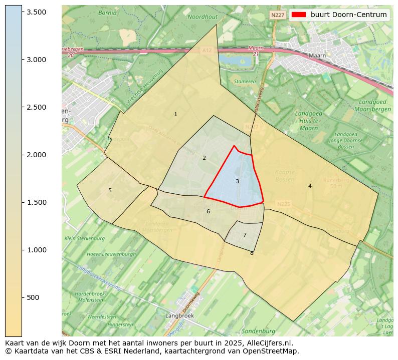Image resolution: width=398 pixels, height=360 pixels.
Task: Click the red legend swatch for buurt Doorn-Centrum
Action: pos(299,15)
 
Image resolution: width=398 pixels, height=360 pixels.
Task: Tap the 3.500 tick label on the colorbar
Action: pos(36,12)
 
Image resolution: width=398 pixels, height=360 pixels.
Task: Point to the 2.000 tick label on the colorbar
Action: pos(36,155)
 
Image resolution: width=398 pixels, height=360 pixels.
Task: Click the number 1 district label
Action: pos(175,115)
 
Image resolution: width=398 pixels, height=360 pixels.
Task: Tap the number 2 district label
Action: pos(204,158)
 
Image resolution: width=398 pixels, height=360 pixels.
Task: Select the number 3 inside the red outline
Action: pos(237,181)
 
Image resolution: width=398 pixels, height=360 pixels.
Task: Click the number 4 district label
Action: pos(310,186)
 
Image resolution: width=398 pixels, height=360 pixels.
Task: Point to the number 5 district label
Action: pos(110,190)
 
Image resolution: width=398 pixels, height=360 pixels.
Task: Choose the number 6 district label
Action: pos(208,211)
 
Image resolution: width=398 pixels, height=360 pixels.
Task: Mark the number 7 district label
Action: pos(245,235)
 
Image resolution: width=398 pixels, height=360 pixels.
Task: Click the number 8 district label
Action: pos(252,253)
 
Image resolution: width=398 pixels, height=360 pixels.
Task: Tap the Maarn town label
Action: pos(317,56)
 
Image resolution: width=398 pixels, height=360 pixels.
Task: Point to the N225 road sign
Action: pos(283,204)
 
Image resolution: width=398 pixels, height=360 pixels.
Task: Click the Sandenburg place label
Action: pos(258,331)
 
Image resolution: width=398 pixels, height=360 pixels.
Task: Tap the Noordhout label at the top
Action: pos(203,17)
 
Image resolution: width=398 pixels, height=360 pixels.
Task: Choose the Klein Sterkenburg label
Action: pos(84,238)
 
